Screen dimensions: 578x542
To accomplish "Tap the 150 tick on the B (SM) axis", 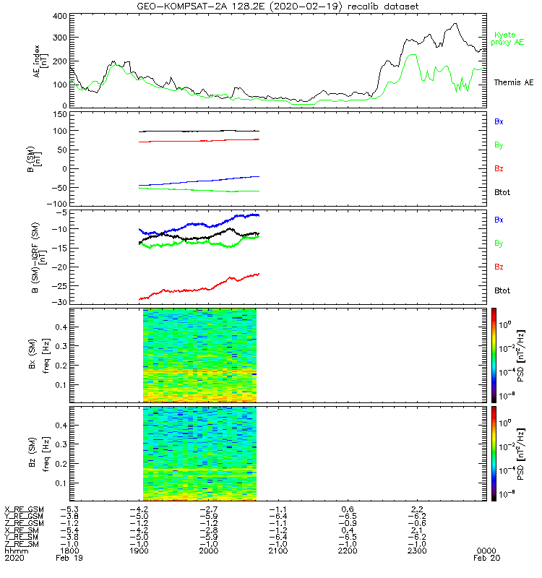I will (60, 113).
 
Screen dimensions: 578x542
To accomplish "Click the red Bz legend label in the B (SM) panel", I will (499, 168).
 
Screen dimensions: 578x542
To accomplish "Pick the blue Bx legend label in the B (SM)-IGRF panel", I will (499, 220).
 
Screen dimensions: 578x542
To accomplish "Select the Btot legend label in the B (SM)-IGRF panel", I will (502, 290).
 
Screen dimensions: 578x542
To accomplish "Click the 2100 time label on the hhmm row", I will (278, 551).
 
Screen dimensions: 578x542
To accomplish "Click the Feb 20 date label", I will (483, 558).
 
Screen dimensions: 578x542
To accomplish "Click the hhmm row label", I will (14, 551).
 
